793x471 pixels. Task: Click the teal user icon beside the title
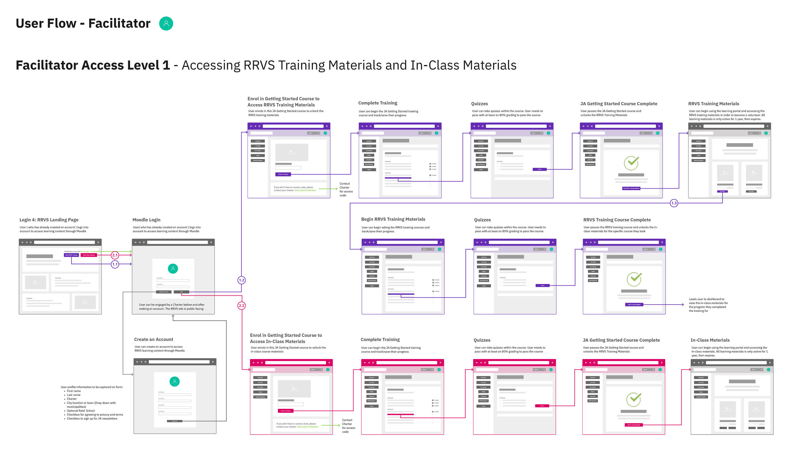[x=166, y=23]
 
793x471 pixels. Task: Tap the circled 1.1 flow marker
[x=115, y=264]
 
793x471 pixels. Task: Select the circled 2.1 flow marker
[x=115, y=255]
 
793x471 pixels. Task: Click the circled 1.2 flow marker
[x=241, y=280]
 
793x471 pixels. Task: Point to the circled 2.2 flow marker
[x=241, y=306]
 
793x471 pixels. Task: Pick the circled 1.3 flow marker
[x=674, y=203]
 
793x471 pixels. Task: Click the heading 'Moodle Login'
[x=146, y=220]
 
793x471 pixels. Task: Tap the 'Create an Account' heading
[x=154, y=339]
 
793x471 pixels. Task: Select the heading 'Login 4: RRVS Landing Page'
[x=49, y=220]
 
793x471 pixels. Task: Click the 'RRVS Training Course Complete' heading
[x=617, y=220]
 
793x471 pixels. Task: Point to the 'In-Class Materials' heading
[x=710, y=340]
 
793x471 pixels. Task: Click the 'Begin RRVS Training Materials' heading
[x=393, y=219]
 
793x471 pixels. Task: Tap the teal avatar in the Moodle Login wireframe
[x=173, y=269]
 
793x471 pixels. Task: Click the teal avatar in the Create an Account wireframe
[x=174, y=382]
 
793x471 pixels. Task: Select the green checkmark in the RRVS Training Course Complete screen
[x=634, y=279]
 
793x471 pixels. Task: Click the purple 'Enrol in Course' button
[x=283, y=174]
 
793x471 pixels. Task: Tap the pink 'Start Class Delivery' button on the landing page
[x=88, y=255]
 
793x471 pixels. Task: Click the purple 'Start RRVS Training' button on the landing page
[x=71, y=255]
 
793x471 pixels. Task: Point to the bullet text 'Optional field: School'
[x=81, y=411]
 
